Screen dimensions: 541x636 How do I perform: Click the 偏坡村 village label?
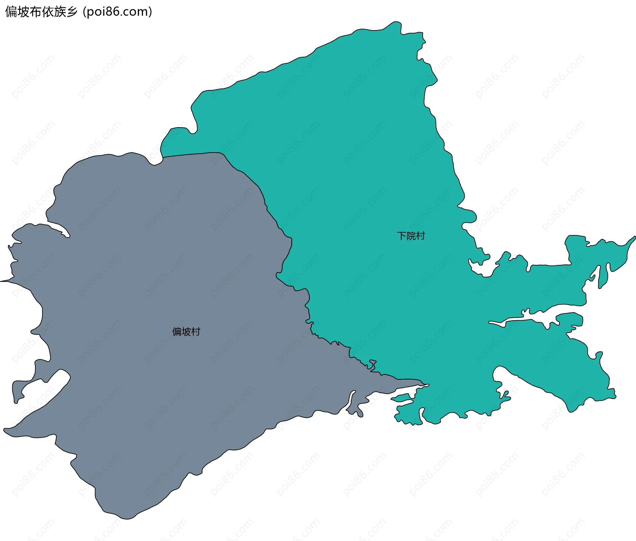186,331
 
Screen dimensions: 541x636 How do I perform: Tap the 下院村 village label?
411,236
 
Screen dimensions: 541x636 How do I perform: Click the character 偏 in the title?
11,12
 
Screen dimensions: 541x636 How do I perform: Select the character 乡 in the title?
72,12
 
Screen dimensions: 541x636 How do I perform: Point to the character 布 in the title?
35,12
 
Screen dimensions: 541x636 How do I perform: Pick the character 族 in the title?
60,12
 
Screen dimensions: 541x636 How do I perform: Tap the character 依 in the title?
47,12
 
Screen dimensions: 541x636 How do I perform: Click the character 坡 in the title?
23,12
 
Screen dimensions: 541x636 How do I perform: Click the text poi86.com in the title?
117,12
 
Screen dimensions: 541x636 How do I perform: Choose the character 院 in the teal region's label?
411,236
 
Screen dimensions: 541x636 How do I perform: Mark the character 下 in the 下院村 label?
402,236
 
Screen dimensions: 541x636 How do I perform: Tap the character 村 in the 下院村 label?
421,236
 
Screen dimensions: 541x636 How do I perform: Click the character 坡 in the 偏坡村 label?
186,331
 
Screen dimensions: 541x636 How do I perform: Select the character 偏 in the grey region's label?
177,331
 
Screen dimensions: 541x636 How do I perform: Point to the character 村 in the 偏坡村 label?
196,331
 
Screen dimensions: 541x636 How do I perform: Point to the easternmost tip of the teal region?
635,237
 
